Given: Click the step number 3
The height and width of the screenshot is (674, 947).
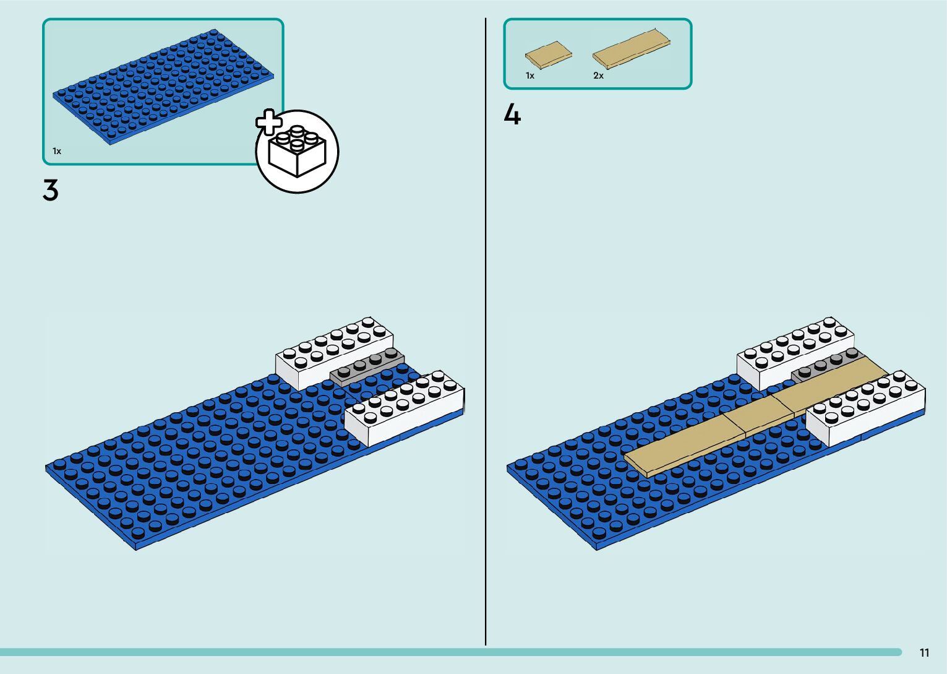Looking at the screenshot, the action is coord(51,190).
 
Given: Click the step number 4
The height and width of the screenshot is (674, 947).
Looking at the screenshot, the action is coord(512,115).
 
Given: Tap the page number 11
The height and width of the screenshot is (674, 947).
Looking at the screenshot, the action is coord(924,653).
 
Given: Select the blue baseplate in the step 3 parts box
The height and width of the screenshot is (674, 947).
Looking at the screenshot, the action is coord(163,86).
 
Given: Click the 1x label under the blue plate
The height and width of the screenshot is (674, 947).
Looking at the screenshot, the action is coord(57,151).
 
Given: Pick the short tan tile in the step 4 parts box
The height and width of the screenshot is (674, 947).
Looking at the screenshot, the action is coord(549,55).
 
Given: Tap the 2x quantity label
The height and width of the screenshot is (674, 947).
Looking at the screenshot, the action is coord(598,76).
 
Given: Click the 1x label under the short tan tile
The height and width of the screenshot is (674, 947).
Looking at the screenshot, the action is coord(530,76).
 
